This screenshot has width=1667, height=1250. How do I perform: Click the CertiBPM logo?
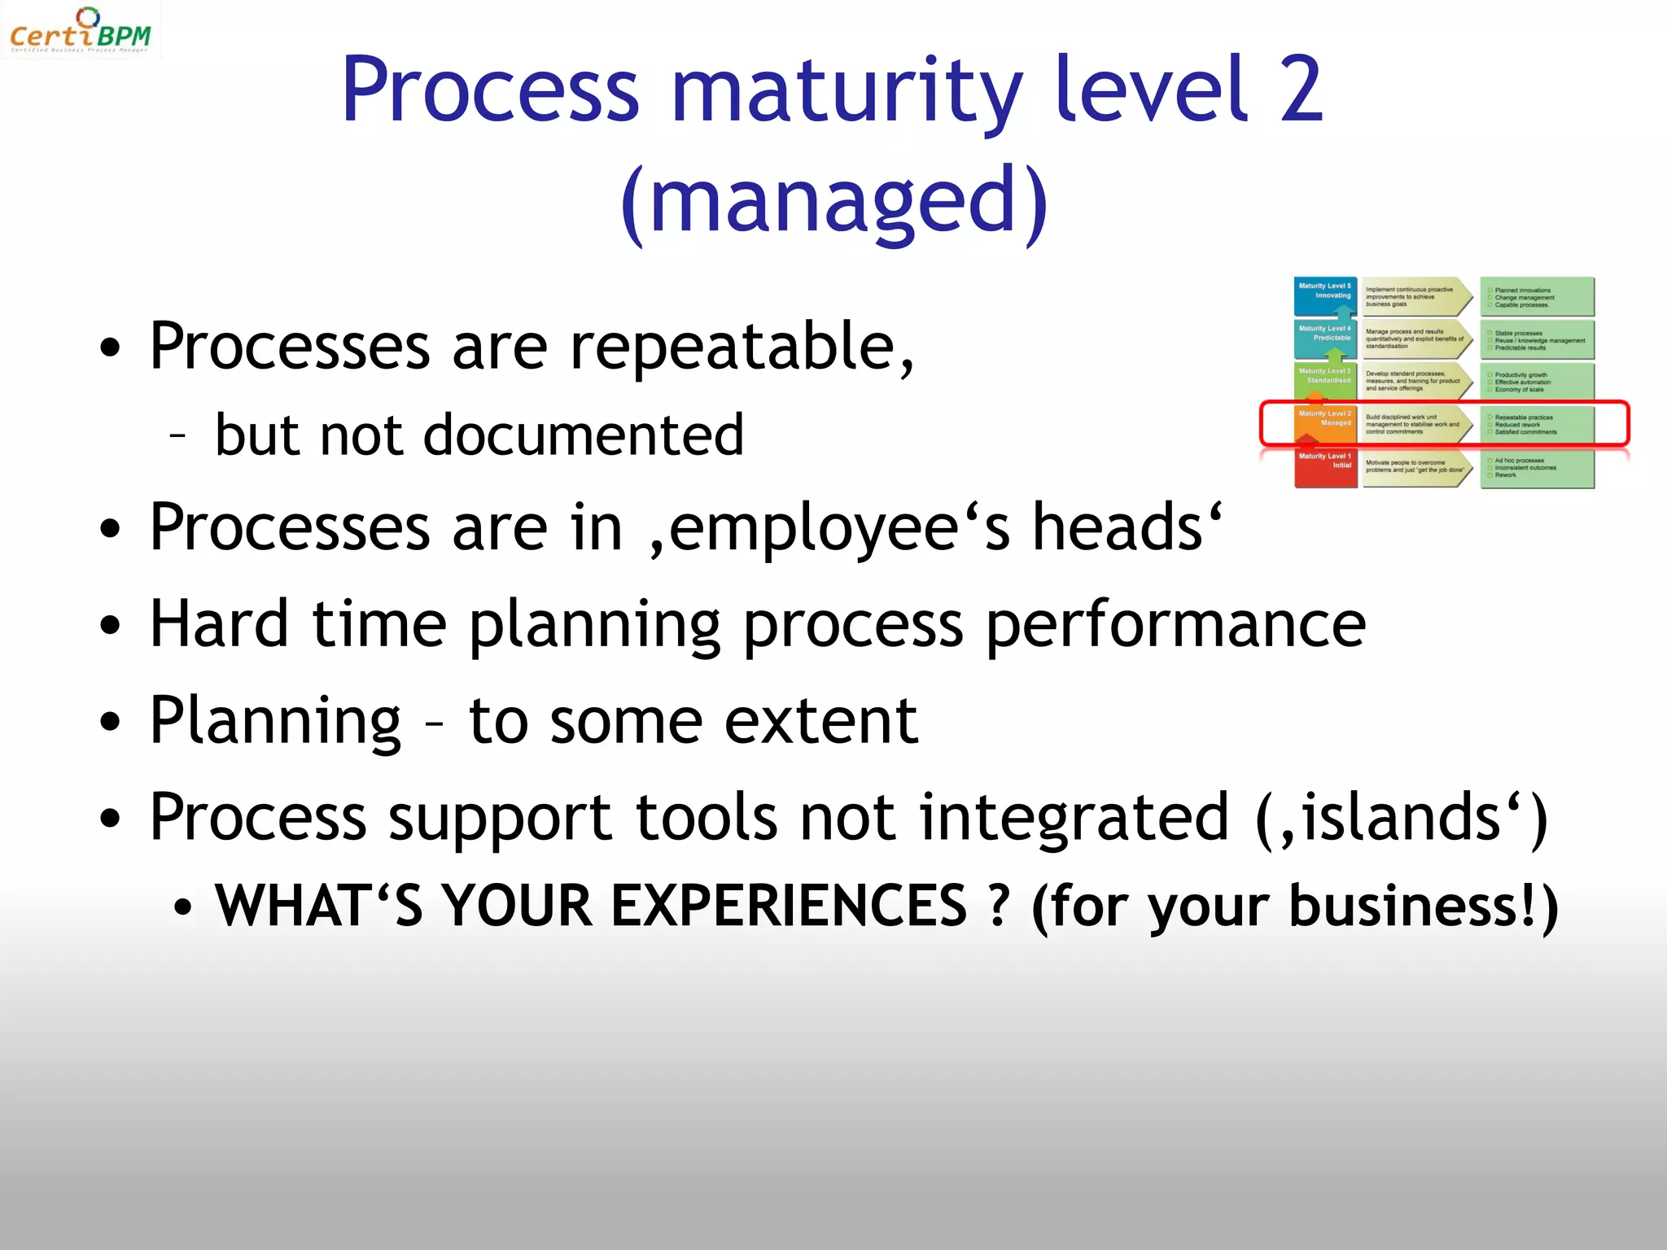click(80, 30)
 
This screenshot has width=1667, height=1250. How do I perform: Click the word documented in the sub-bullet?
click(584, 435)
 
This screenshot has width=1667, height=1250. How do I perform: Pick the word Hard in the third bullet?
click(219, 624)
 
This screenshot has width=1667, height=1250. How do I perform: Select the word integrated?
click(1074, 817)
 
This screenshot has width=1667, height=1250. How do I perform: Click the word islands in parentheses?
click(1400, 817)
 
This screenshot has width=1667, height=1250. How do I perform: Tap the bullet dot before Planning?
click(110, 722)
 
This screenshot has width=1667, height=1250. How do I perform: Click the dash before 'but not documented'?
click(178, 435)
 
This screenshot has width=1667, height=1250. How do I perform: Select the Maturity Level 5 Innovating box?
click(1325, 295)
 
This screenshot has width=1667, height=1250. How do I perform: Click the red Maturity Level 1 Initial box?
click(1325, 467)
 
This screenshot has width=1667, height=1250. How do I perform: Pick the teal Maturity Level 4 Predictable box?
click(1325, 338)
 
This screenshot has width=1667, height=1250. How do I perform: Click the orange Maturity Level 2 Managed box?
click(1325, 423)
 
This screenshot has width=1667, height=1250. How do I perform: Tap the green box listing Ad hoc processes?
click(1537, 468)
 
